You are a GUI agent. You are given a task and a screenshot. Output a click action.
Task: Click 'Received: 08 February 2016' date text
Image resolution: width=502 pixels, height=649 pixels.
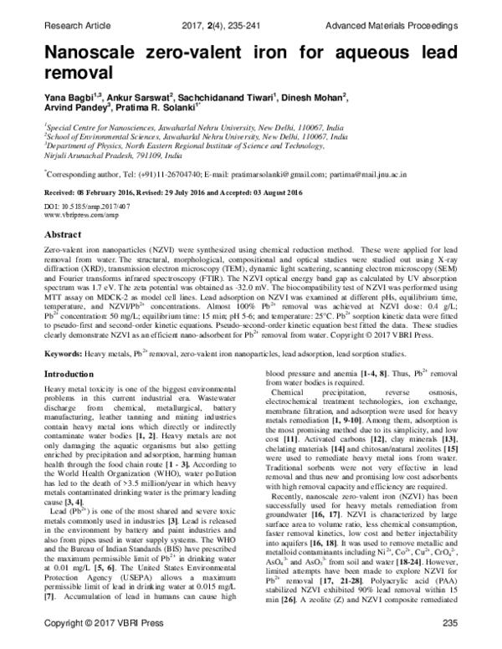[x=91, y=192]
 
